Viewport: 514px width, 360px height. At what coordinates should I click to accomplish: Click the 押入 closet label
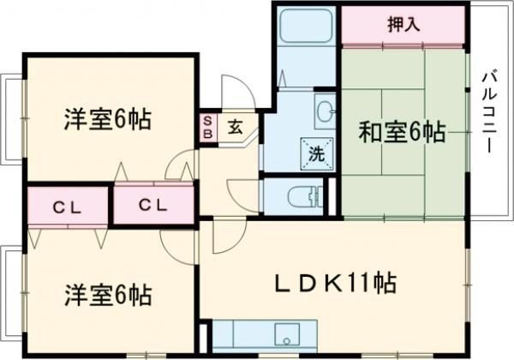[403, 24]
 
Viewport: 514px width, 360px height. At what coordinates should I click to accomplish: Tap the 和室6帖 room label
[401, 133]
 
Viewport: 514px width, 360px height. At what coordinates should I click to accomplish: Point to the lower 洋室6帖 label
[107, 296]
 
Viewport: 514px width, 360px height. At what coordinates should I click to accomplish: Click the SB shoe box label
[207, 128]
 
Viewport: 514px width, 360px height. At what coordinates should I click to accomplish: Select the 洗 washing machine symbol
[315, 154]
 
